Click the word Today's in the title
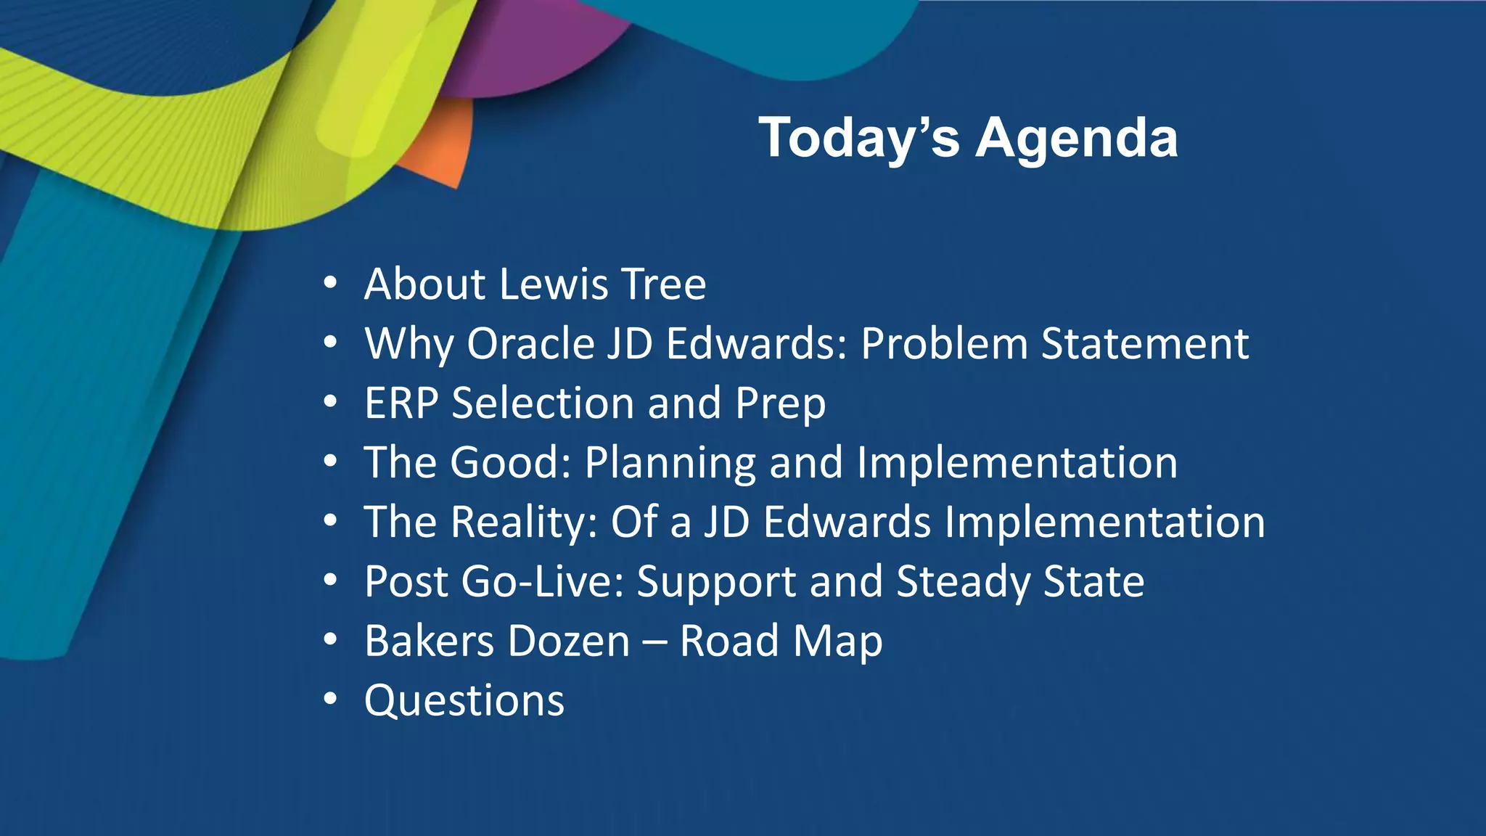click(x=859, y=138)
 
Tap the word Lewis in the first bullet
click(x=554, y=284)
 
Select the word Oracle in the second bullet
click(x=530, y=343)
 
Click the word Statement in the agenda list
click(x=1144, y=343)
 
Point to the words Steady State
click(x=1019, y=582)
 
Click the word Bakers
click(x=424, y=641)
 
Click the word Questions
click(x=464, y=701)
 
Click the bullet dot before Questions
click(x=331, y=699)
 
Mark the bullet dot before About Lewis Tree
click(x=331, y=282)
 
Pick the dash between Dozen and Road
click(x=654, y=642)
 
